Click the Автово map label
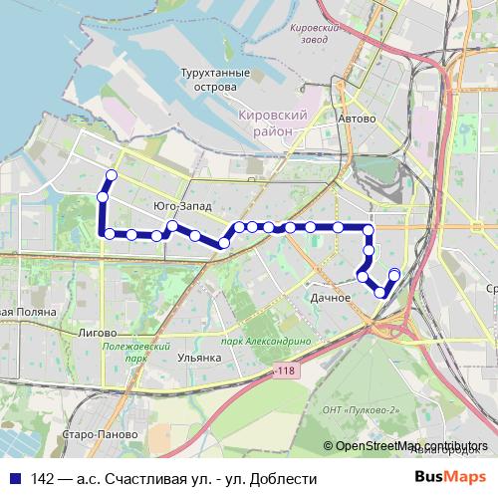[357, 119]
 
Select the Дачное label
[330, 298]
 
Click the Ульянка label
[198, 357]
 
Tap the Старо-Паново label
[92, 435]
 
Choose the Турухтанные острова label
[209, 81]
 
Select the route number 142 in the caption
[43, 479]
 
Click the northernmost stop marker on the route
[112, 175]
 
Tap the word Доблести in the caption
[284, 479]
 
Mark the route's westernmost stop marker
[102, 197]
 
